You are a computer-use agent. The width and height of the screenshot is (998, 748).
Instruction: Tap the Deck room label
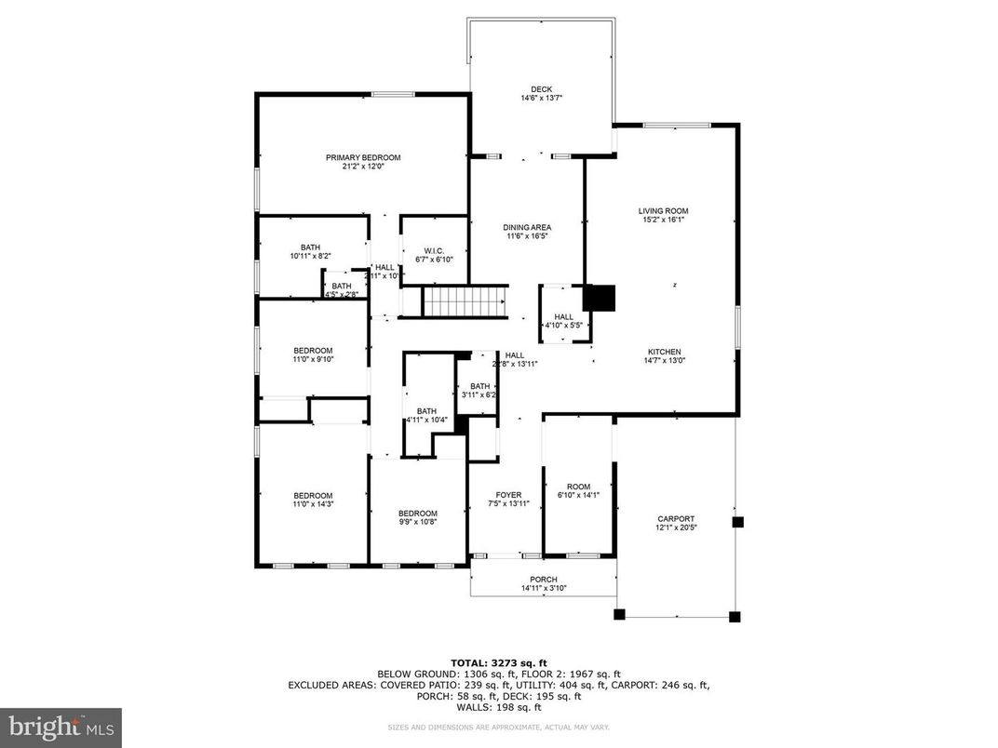tap(541, 89)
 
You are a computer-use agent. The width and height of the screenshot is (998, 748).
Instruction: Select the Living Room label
tap(663, 211)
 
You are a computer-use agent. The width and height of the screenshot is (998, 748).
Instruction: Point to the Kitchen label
tap(664, 353)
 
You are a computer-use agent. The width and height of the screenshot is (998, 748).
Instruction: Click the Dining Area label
tap(527, 228)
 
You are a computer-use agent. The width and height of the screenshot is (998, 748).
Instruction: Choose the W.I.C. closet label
tap(433, 250)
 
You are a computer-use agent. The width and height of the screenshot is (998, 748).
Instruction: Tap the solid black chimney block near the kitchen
tap(600, 297)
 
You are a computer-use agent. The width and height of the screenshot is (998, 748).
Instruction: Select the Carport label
tap(675, 519)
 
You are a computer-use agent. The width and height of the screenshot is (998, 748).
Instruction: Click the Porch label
tap(544, 580)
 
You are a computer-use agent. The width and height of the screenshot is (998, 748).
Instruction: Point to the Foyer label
tap(508, 495)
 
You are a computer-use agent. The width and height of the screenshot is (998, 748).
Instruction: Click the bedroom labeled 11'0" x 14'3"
tap(313, 504)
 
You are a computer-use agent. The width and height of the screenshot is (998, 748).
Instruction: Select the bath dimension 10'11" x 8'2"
tap(310, 256)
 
